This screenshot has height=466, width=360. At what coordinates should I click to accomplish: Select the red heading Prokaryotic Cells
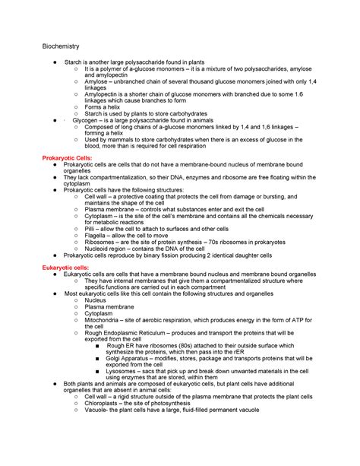tap(66, 157)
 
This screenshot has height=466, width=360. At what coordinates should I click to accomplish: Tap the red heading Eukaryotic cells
tap(65, 268)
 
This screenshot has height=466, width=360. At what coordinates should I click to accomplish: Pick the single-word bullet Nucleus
tap(96, 300)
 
